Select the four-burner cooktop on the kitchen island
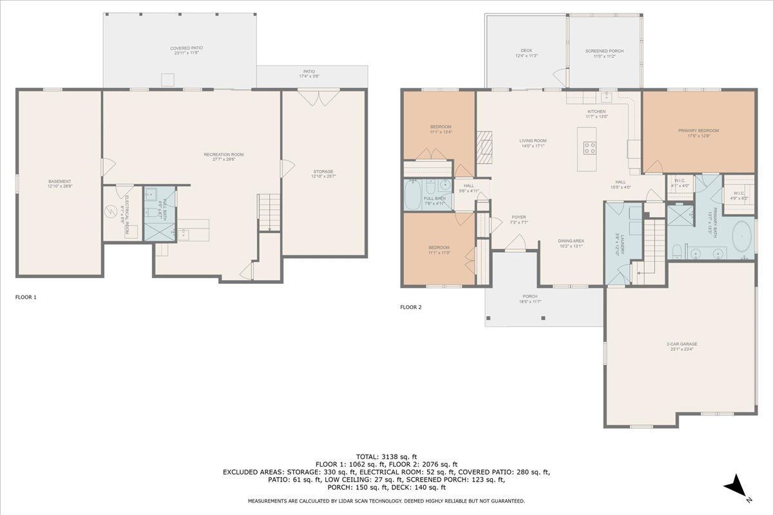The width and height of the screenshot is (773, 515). pos(589,147)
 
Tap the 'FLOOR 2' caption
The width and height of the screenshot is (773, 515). pos(410,307)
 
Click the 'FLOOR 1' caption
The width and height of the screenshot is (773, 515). pos(26,297)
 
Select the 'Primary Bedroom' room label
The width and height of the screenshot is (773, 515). pos(698,133)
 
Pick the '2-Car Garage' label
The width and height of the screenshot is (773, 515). pos(682,346)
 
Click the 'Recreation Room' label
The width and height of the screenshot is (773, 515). pos(224,156)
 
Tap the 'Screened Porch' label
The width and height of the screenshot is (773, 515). pos(604,53)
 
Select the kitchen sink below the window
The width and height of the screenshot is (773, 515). pos(606,97)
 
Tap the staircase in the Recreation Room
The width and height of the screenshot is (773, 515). pos(269,211)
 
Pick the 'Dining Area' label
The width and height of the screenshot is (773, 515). pos(570,243)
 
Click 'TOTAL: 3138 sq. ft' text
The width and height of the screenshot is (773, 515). pos(386,456)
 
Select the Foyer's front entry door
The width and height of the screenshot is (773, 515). pos(515,242)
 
